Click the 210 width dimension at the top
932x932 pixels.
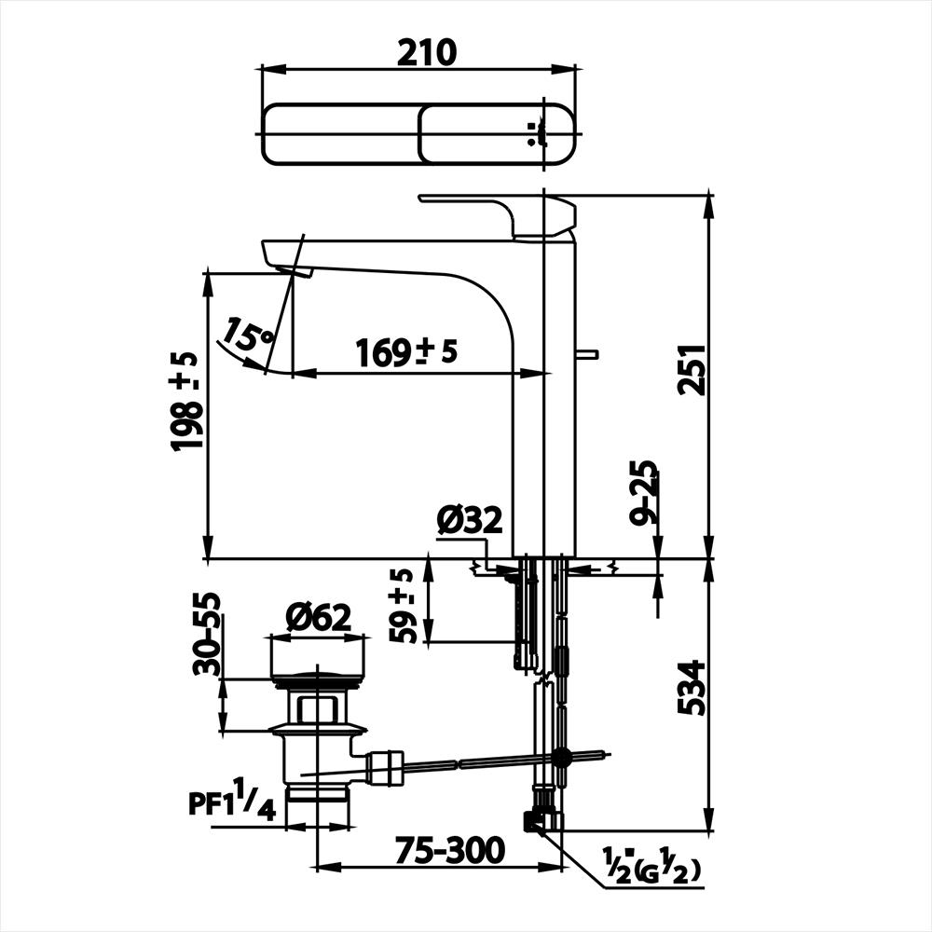tap(427, 52)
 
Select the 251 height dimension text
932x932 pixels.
tap(692, 369)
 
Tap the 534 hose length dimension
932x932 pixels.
tap(692, 688)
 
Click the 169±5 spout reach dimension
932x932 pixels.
tap(406, 352)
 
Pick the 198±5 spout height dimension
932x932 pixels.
tap(184, 401)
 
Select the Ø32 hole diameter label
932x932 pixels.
tap(470, 520)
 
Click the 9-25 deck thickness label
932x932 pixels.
tap(644, 491)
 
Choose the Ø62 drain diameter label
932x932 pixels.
tap(318, 618)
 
